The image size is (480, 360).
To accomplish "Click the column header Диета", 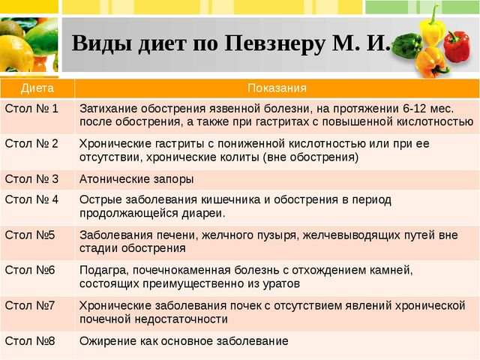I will [37, 88].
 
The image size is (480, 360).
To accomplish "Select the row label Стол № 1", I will [31, 108].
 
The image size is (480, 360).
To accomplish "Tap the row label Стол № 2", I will [31, 144].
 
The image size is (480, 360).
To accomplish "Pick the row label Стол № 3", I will [31, 179].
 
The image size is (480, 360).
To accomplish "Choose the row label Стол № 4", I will [31, 199].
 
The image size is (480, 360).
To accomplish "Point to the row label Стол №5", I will [30, 234].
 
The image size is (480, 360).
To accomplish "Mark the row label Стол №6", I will [30, 269].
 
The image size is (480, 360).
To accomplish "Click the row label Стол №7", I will [30, 305].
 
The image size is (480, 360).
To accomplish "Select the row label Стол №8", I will [30, 340].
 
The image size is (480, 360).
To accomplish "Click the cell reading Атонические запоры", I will [136, 179].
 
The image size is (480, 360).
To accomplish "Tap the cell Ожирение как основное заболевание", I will [184, 340].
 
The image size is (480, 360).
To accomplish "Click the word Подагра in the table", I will [103, 270].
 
